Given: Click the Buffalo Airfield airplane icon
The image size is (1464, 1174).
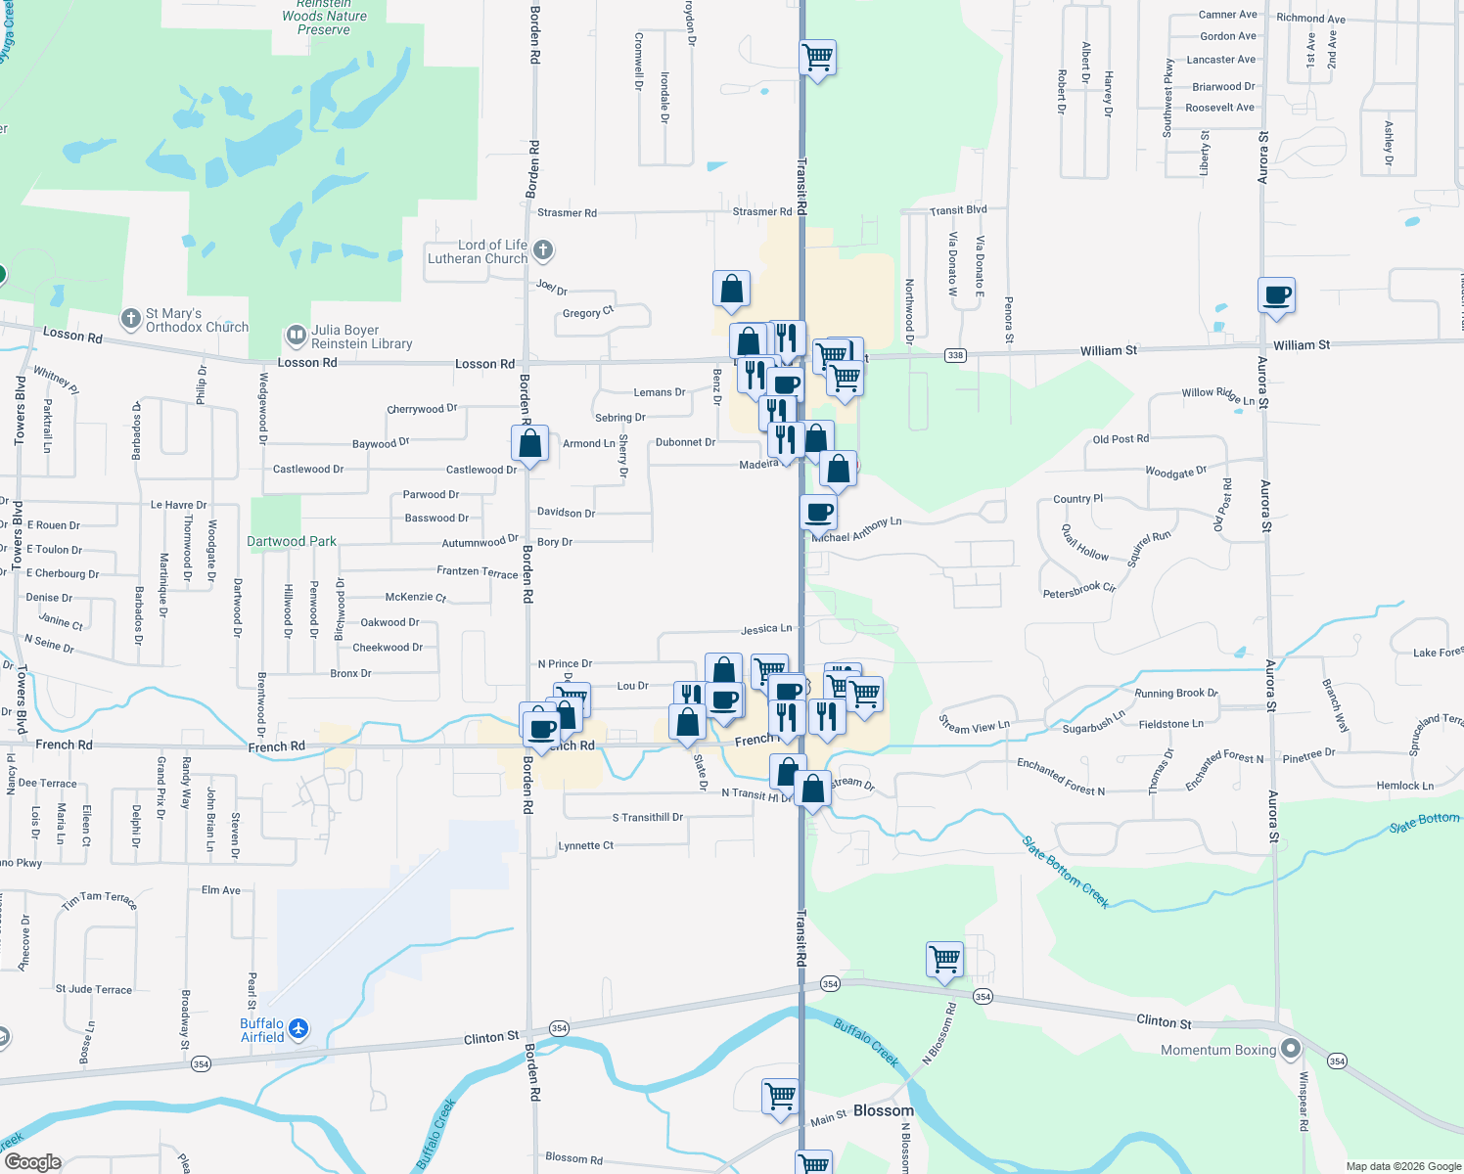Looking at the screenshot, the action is coord(298,1028).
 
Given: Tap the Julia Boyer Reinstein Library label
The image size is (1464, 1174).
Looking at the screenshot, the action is coord(361,338).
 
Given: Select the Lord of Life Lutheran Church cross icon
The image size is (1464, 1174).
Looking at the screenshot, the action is coord(543,250).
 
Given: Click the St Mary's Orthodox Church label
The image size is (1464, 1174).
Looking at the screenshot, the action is coord(197,320).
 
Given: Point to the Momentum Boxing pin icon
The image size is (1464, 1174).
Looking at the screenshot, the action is coord(1291,1049).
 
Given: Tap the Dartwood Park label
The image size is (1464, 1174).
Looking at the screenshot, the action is coord(291,541).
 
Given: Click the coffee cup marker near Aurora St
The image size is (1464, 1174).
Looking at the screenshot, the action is coord(1276,294).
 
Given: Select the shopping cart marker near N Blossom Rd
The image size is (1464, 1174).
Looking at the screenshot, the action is coord(944,960).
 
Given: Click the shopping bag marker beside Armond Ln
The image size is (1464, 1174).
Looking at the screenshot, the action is coord(529,443).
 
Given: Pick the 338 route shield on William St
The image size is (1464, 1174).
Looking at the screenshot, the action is coord(955,355).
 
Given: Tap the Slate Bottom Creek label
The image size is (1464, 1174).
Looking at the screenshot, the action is coord(1066,873).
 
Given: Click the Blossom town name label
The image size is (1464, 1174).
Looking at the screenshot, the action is coord(883,1110).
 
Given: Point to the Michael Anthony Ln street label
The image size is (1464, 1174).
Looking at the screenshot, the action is coord(857,529).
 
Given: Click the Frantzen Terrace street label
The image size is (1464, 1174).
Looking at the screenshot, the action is coord(478,571).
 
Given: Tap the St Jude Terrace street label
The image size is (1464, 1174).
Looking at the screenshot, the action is coord(94,989).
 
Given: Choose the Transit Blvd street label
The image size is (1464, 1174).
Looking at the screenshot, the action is coord(958,210).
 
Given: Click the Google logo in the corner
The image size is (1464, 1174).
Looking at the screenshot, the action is coord(32,1162).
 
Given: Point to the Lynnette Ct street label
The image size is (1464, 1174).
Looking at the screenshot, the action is coord(585,845).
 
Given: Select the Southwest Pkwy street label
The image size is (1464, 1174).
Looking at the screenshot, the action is coord(1167,98).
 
